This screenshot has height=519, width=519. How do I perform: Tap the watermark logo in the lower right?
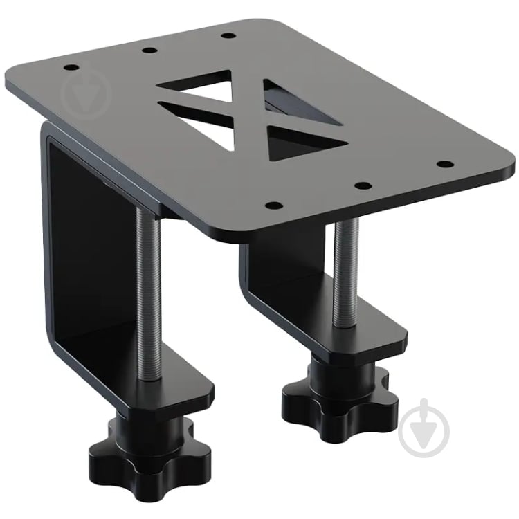tap(424, 426)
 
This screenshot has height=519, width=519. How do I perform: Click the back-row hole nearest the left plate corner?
tap(72, 68)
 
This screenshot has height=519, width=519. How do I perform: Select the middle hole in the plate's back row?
tap(148, 50)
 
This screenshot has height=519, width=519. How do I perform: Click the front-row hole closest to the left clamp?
tap(273, 205)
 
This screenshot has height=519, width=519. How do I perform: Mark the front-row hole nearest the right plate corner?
tap(446, 165)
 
